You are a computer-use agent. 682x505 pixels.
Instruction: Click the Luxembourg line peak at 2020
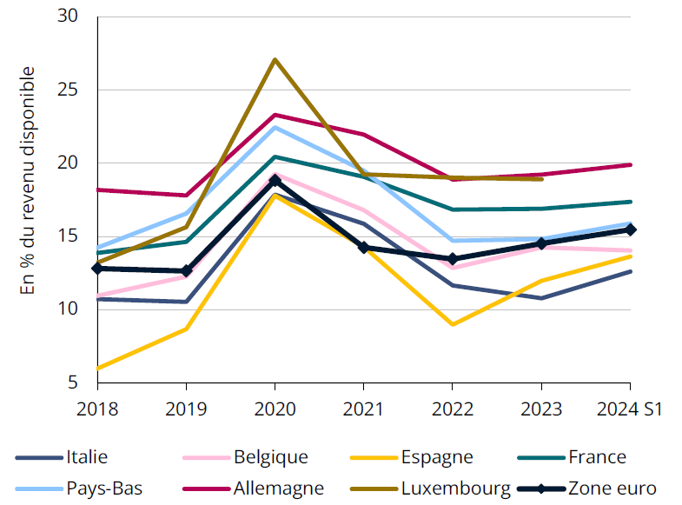[x=275, y=60]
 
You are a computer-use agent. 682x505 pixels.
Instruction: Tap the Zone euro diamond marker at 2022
[x=453, y=259]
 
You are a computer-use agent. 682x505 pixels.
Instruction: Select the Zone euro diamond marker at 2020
[x=275, y=180]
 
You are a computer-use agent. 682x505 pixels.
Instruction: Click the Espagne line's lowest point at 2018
[x=98, y=368]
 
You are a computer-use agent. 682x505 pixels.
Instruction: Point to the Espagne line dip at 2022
[x=453, y=324]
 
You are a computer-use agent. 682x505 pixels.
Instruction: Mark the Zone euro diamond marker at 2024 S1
[x=631, y=229]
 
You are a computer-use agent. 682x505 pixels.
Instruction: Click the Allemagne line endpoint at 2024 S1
[x=631, y=164]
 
